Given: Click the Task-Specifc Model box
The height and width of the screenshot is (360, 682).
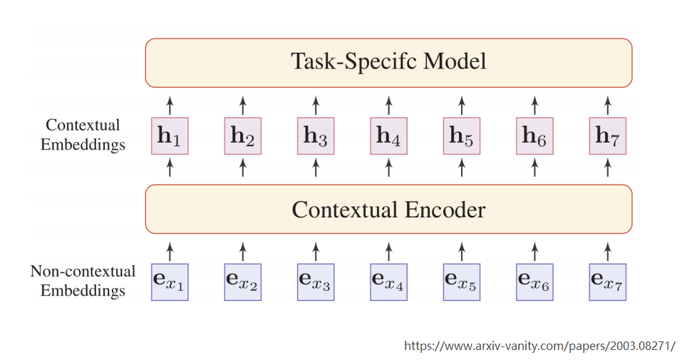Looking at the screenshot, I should point(388,63).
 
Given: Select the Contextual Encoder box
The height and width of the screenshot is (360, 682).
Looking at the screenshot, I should point(388,210).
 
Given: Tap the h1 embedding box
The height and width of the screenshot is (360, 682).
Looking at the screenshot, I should point(170,135).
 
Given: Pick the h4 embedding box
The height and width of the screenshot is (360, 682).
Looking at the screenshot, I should point(388,135).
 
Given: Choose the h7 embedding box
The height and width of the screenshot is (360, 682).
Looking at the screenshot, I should point(607,135).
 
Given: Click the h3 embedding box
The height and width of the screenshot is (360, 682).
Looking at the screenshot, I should point(316,135).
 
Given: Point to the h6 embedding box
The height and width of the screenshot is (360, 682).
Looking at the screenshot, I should point(534,135).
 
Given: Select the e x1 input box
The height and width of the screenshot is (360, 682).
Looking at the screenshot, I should point(170,282).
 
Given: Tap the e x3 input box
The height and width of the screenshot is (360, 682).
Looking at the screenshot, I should point(316,282).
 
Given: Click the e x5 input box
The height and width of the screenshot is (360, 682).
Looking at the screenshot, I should point(462,282).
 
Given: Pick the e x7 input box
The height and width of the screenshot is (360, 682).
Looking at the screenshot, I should point(607,282).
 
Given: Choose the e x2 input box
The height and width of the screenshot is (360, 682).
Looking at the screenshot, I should point(243,282).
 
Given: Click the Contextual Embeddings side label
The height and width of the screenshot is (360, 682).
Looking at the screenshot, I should point(83,135).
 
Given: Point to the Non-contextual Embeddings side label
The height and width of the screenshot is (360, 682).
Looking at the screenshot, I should point(83,281).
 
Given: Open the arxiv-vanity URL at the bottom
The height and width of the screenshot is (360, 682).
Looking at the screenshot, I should point(539,346).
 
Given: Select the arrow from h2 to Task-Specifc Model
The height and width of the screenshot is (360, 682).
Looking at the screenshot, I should point(243,103).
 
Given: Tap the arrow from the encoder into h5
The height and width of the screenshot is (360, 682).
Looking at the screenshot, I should point(462,168).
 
